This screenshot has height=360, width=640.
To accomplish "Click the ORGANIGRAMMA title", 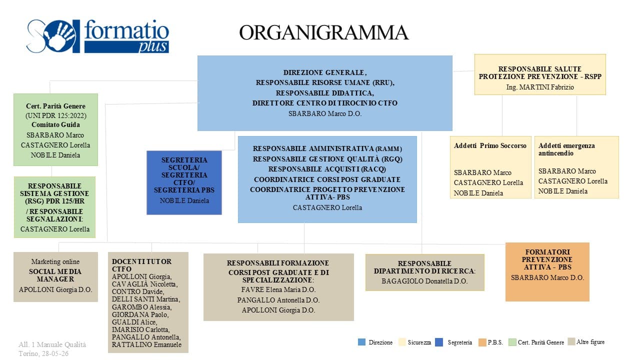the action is pyautogui.click(x=323, y=32).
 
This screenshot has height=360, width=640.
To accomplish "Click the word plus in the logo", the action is pyautogui.click(x=153, y=47).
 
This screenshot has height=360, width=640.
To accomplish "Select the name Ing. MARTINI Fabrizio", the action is pyautogui.click(x=540, y=87).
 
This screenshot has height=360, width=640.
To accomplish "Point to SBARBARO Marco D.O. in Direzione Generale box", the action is pyautogui.click(x=325, y=113).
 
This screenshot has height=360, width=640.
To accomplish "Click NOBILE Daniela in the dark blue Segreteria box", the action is pyautogui.click(x=184, y=201).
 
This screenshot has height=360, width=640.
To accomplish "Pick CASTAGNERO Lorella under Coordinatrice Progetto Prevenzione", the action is pyautogui.click(x=327, y=207).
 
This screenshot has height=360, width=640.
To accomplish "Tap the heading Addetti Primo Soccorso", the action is pyautogui.click(x=490, y=145).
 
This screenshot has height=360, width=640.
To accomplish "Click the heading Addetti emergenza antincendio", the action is pyautogui.click(x=566, y=149).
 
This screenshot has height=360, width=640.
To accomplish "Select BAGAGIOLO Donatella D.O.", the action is pyautogui.click(x=424, y=281).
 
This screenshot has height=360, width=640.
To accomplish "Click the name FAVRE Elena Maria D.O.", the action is pyautogui.click(x=278, y=289).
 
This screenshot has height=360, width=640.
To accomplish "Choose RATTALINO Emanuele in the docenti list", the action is pyautogui.click(x=146, y=344).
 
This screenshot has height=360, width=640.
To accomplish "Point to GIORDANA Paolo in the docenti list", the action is pyautogui.click(x=140, y=314).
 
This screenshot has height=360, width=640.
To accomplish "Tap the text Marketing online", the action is pyautogui.click(x=55, y=261).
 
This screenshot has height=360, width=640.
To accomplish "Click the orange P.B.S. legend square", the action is pyautogui.click(x=482, y=342).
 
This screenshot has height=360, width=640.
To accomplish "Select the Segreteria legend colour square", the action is pyautogui.click(x=439, y=342).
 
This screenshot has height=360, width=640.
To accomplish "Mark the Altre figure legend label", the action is pyautogui.click(x=590, y=342).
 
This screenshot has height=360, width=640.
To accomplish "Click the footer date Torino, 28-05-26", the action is pyautogui.click(x=43, y=353).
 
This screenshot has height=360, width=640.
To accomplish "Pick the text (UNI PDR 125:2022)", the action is pyautogui.click(x=55, y=115).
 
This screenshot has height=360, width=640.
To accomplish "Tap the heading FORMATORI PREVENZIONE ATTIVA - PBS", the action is pyautogui.click(x=547, y=259).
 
